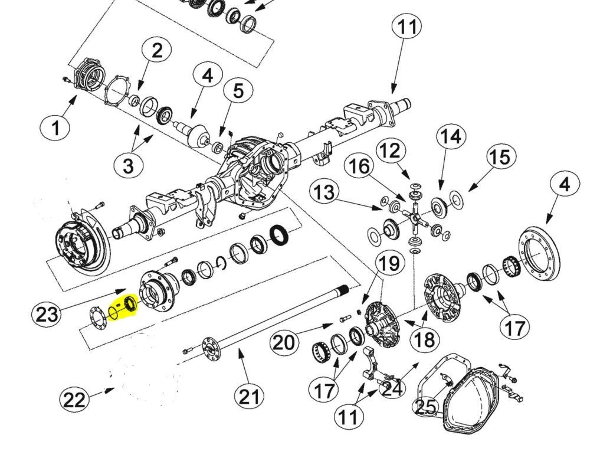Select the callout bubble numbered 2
[x=157, y=51]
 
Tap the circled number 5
[x=238, y=91]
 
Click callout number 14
[x=450, y=136]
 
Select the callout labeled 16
[x=359, y=167]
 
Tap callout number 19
[x=389, y=264]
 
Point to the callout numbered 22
[x=74, y=400]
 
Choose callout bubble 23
[x=47, y=313]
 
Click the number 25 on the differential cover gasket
[x=427, y=407]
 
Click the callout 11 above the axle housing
[x=407, y=27]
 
